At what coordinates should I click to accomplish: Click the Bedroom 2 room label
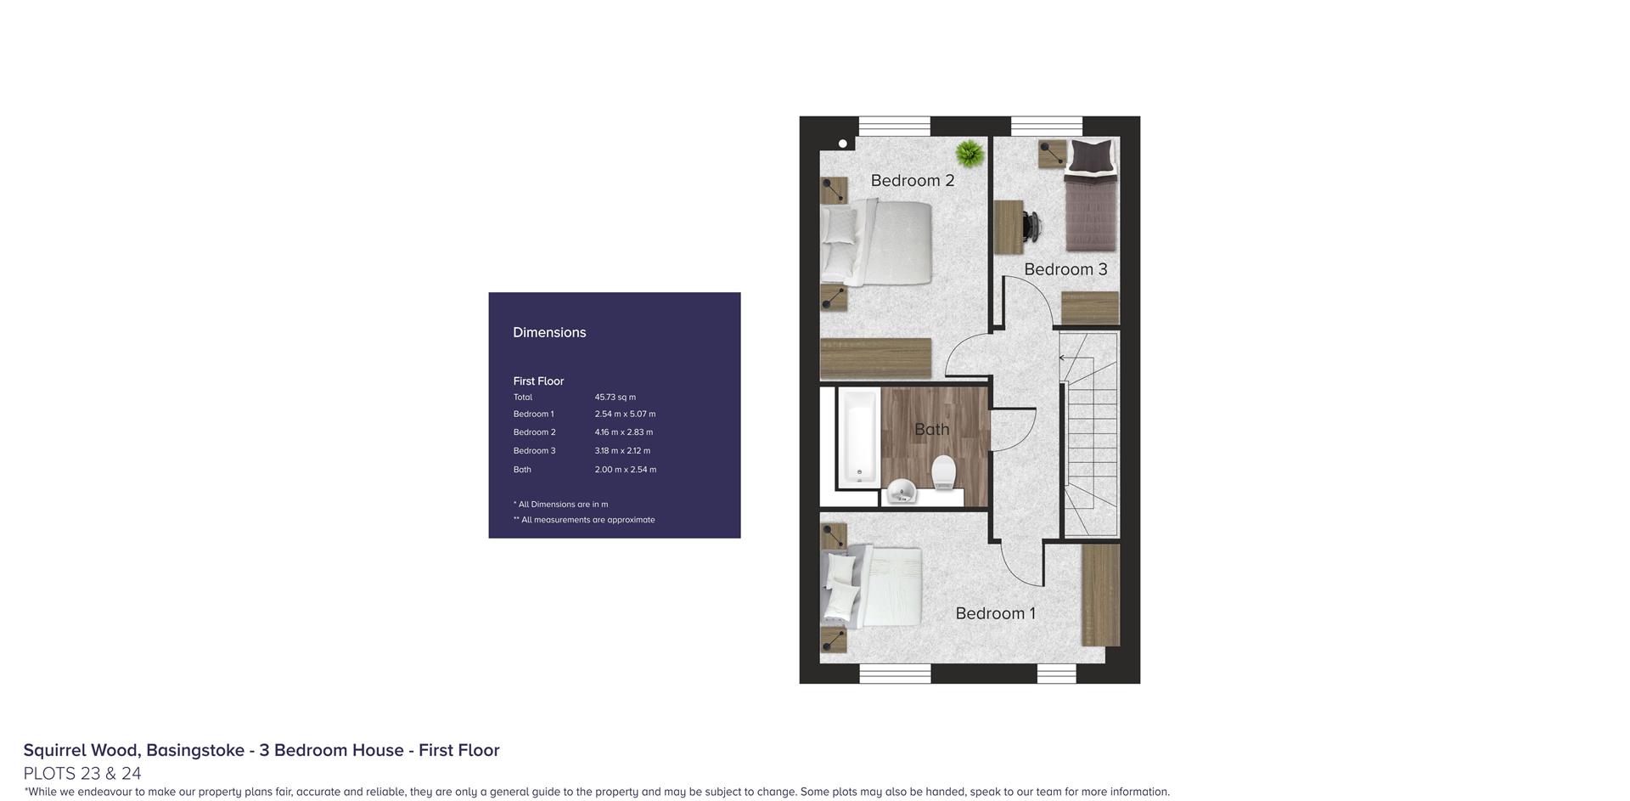pyautogui.click(x=913, y=180)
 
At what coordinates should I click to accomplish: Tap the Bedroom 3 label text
pyautogui.click(x=1065, y=269)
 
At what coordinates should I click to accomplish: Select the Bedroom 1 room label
pyautogui.click(x=995, y=613)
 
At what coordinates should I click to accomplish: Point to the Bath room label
pyautogui.click(x=931, y=429)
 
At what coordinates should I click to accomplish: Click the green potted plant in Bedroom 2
pyautogui.click(x=970, y=154)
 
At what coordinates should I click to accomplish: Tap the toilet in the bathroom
pyautogui.click(x=944, y=472)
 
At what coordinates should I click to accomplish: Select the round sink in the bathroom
pyautogui.click(x=901, y=491)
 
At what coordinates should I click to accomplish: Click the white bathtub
pyautogui.click(x=858, y=438)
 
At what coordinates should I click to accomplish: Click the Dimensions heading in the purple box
pyautogui.click(x=549, y=332)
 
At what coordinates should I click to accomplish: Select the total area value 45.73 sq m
pyautogui.click(x=615, y=397)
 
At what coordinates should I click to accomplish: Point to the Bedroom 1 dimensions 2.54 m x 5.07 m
pyautogui.click(x=625, y=414)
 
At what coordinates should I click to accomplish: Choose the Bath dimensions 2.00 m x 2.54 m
pyautogui.click(x=625, y=469)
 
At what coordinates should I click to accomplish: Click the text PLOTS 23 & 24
pyautogui.click(x=82, y=773)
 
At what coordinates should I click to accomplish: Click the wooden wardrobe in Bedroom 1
pyautogui.click(x=1100, y=595)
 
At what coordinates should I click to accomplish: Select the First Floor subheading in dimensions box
pyautogui.click(x=538, y=381)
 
